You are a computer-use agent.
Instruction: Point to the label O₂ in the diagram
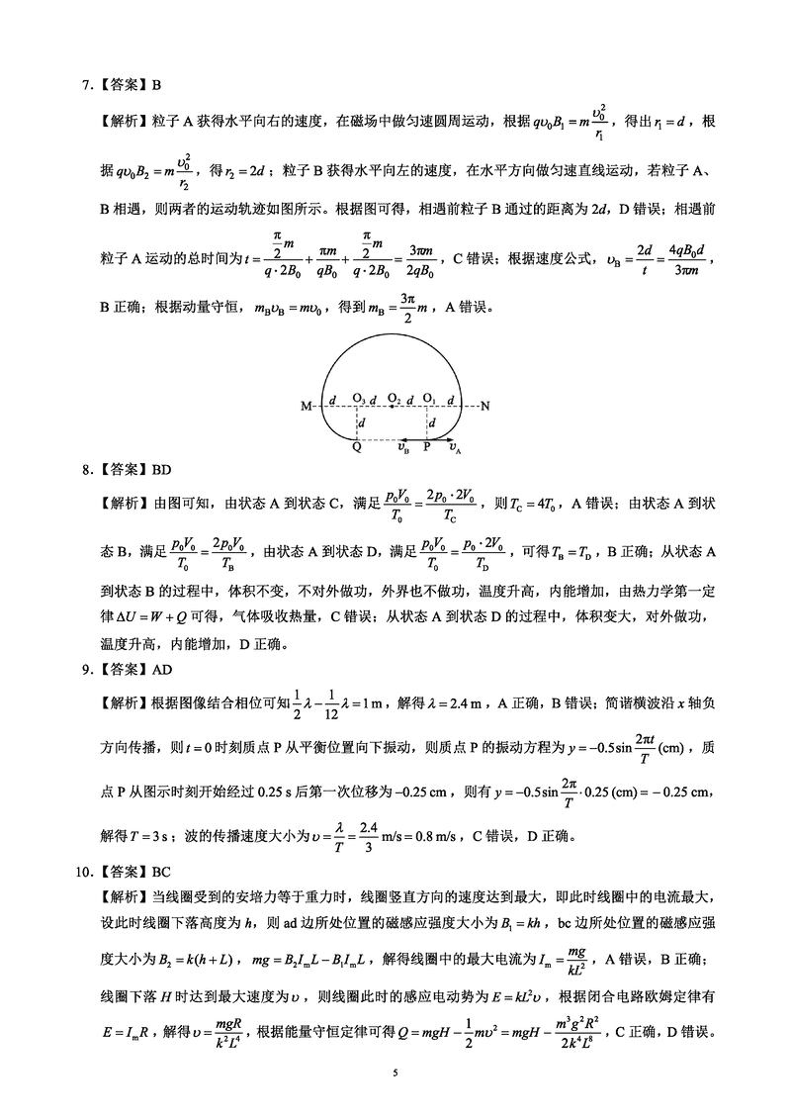point(394,398)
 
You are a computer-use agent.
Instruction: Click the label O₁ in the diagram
point(428,398)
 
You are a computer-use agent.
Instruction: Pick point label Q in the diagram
point(356,446)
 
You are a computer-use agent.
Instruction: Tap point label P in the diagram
point(427,446)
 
